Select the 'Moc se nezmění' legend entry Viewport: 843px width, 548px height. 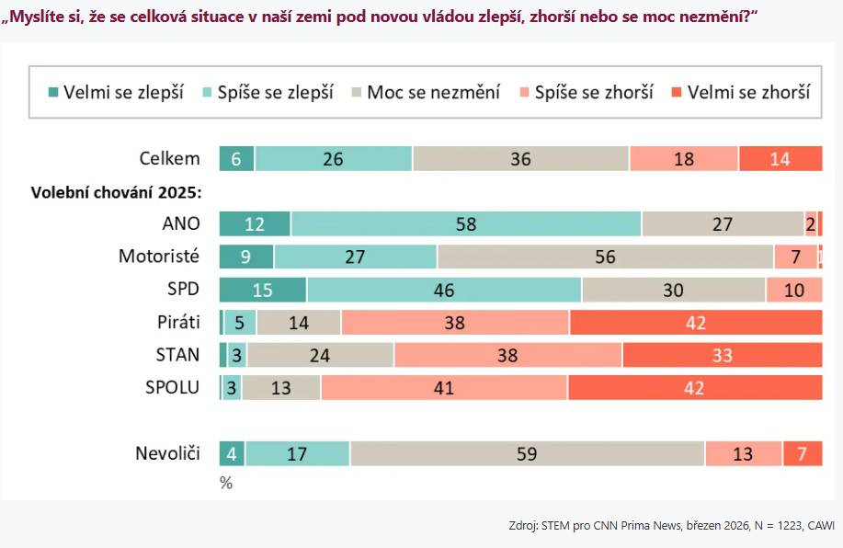425,92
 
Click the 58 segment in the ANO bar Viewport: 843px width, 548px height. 466,224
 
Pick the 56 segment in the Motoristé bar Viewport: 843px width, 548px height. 605,257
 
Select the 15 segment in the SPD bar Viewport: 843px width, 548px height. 263,290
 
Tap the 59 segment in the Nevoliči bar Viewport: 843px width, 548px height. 527,454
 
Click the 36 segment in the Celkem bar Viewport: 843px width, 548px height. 520,158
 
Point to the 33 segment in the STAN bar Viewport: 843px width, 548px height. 722,355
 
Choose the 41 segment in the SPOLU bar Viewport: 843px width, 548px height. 444,388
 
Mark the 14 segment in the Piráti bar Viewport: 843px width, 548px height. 299,323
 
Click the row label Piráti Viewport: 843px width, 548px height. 177,323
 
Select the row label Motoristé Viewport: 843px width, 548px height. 159,257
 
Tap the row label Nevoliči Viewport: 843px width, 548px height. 167,454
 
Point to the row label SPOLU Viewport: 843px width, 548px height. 172,388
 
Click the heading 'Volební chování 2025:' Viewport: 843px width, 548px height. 117,193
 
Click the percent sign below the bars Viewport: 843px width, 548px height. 226,483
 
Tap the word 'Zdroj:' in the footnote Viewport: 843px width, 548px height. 524,526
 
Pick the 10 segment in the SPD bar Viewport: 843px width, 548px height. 793,290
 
